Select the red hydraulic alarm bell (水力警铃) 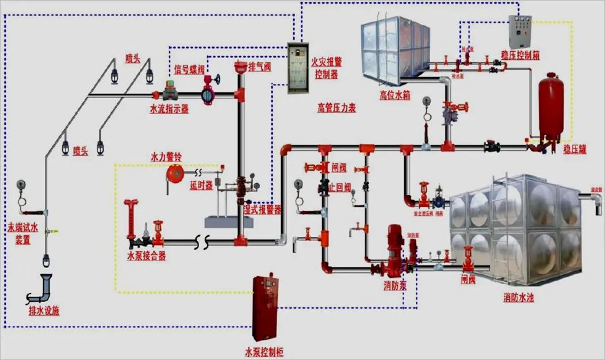[x=174, y=173]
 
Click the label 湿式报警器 [x=263, y=210]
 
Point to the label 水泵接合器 [x=147, y=256]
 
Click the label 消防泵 [x=396, y=285]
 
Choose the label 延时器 [x=201, y=186]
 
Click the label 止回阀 [x=341, y=187]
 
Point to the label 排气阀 [x=260, y=67]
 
